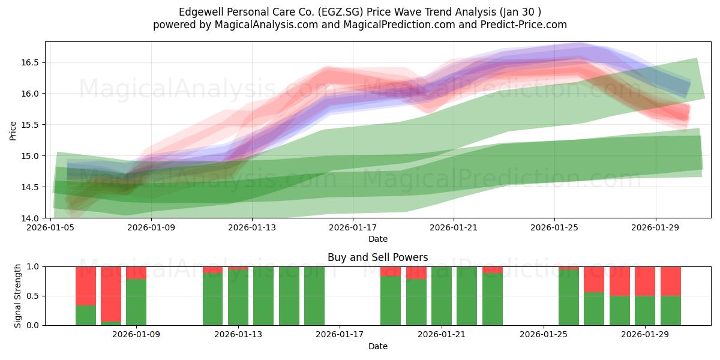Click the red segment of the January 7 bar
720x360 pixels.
(86, 286)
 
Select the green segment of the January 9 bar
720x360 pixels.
(136, 302)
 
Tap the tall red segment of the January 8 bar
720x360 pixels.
(111, 294)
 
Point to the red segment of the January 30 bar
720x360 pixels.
(671, 281)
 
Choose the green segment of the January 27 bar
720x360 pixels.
(594, 309)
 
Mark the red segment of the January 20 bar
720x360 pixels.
(416, 273)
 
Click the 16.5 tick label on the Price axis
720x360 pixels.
(30, 62)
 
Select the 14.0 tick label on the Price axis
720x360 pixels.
(30, 218)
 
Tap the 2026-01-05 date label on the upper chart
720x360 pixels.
(50, 227)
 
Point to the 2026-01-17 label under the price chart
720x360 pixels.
(353, 227)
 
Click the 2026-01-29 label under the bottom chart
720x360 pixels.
(645, 335)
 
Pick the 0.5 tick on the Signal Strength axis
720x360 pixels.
(33, 296)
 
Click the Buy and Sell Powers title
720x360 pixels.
(377, 257)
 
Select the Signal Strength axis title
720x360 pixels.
(17, 296)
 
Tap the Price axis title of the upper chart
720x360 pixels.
(13, 131)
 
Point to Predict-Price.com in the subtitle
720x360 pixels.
(524, 25)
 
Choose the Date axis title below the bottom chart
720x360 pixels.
(378, 346)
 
